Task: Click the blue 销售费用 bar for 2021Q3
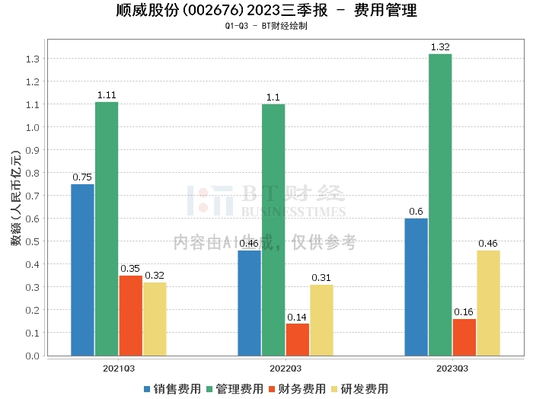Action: point(82,270)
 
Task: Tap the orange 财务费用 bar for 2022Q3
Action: point(298,340)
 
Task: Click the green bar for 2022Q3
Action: point(273,229)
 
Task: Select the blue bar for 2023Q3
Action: point(416,286)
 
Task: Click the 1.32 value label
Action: point(440,47)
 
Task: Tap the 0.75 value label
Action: point(82,177)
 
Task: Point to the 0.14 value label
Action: point(298,317)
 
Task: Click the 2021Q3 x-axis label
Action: point(119,368)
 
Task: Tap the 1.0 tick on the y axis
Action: point(33,127)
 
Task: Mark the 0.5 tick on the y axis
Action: point(33,241)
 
